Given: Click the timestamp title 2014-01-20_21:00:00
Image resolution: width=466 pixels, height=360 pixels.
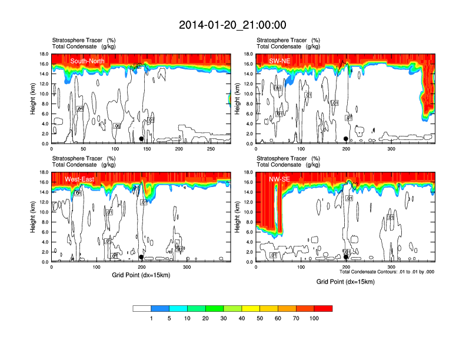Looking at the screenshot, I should [232, 25].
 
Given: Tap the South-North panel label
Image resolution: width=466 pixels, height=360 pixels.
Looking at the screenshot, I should [88, 61].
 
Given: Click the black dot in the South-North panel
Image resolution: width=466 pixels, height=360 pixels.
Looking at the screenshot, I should [141, 139].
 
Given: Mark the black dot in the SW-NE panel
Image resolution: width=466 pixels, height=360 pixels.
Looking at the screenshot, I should [346, 139].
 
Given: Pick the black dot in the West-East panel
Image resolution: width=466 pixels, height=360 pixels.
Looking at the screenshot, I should [141, 257].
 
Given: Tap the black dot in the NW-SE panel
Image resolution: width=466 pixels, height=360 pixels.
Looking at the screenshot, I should [346, 256].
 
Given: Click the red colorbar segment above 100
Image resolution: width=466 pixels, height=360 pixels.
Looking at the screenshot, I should [324, 308].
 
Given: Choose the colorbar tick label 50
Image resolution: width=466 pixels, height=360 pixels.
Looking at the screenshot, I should [260, 318].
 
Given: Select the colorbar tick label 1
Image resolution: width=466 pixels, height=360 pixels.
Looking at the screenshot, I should [151, 318].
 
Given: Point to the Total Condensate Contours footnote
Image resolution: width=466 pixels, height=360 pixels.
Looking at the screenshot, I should [387, 272].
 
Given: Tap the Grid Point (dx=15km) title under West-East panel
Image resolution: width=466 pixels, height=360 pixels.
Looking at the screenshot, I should [141, 275].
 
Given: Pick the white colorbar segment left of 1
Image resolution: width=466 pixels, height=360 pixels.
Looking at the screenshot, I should [142, 308].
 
